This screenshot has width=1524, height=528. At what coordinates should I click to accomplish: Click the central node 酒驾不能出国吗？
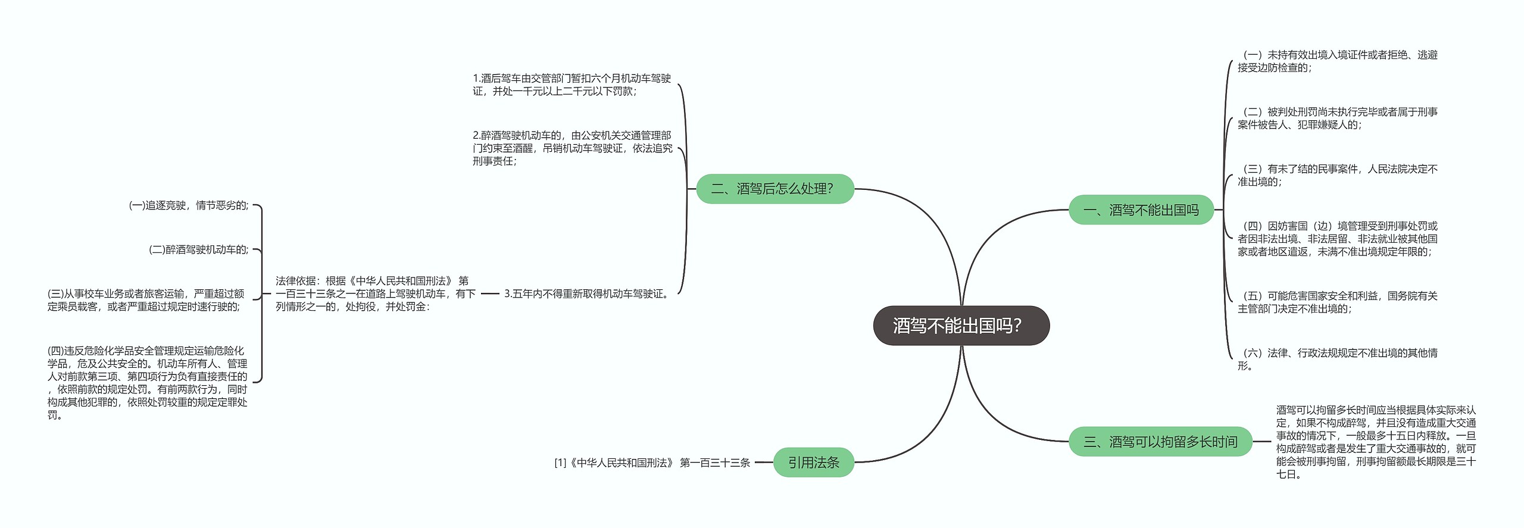(x=961, y=326)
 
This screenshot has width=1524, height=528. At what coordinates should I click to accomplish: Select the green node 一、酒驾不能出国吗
(x=1141, y=210)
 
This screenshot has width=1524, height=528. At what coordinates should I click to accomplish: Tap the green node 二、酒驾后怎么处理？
(x=775, y=189)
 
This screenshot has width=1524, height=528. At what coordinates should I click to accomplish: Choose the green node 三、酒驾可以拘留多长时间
(x=1160, y=442)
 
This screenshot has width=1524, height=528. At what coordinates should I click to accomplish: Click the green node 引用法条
(x=813, y=463)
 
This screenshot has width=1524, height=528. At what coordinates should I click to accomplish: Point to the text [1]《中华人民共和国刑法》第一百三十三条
(x=652, y=463)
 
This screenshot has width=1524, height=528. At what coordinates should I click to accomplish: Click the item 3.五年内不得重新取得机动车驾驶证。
(x=587, y=293)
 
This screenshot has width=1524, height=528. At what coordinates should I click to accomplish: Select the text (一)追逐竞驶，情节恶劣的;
(x=189, y=205)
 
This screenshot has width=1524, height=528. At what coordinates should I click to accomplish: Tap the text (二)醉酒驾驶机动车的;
(x=199, y=249)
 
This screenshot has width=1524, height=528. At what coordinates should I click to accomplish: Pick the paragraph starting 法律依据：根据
(x=375, y=293)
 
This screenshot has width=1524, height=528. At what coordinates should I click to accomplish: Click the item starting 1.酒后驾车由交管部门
(x=571, y=85)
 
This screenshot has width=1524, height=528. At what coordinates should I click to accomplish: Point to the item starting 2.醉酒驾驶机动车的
(x=572, y=148)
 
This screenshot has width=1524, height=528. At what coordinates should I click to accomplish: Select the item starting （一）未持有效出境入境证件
(x=1337, y=61)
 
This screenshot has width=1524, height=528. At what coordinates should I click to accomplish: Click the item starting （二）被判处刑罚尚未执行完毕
(x=1337, y=118)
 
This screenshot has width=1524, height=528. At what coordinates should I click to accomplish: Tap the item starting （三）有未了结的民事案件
(x=1337, y=176)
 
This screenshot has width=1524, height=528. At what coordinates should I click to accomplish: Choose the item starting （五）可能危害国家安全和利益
(x=1337, y=302)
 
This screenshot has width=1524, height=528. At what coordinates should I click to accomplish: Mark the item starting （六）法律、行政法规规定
(x=1337, y=360)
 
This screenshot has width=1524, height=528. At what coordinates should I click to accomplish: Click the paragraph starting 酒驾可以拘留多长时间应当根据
(x=1376, y=442)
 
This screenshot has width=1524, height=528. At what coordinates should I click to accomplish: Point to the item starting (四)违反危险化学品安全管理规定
(x=147, y=383)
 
